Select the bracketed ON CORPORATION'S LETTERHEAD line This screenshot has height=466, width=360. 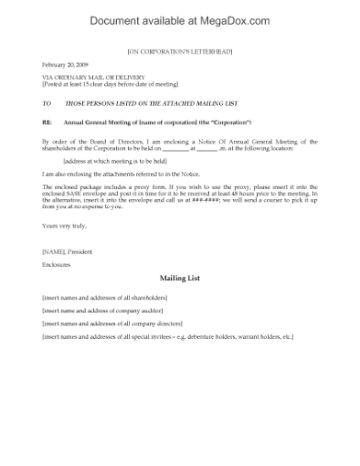coord(179,52)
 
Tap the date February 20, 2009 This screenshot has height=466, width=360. coord(64,65)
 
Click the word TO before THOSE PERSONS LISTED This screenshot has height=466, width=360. coord(46,104)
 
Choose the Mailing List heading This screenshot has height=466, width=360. coord(179,277)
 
